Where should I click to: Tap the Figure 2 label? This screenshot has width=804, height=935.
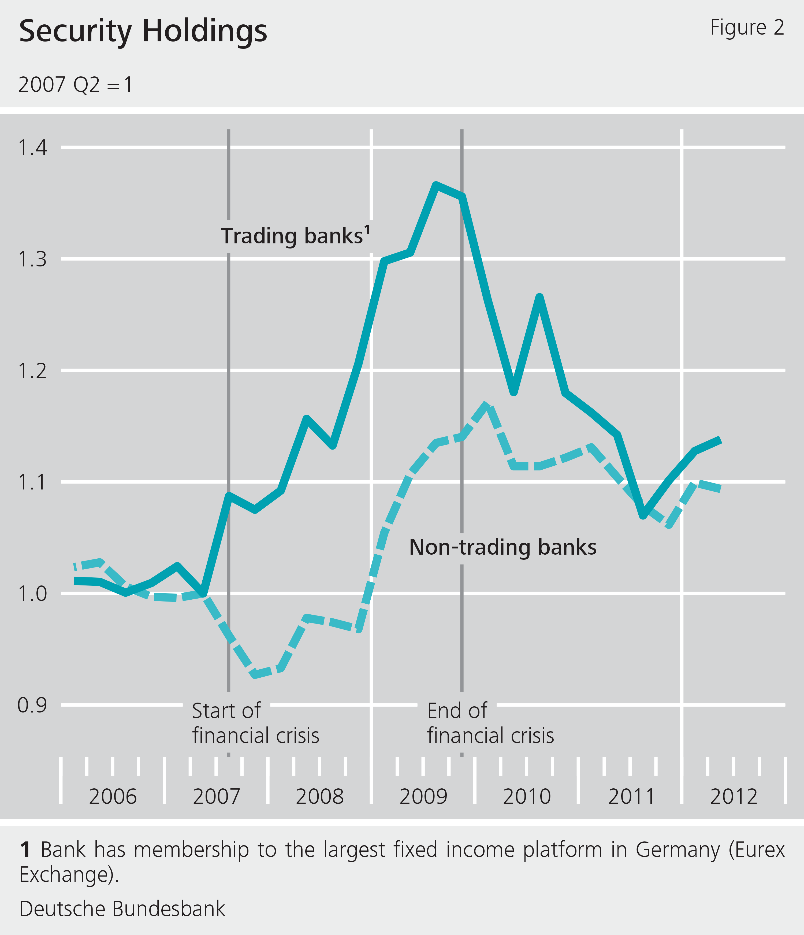tap(747, 28)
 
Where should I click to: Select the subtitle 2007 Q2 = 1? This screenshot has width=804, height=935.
tap(75, 85)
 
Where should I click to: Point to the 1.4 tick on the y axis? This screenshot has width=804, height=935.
tap(32, 147)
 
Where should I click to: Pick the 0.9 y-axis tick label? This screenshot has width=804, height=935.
tap(32, 705)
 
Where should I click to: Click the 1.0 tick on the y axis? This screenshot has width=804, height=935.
tap(32, 594)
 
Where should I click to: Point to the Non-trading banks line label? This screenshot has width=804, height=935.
tap(503, 547)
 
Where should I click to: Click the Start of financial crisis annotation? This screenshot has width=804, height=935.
tap(255, 723)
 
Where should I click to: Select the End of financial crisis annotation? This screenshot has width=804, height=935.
tap(490, 723)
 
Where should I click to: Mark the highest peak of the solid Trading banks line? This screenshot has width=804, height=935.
tap(436, 185)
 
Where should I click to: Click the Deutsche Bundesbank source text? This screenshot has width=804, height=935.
tap(122, 909)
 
